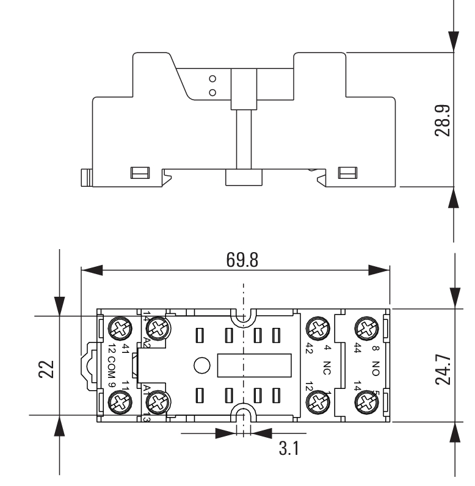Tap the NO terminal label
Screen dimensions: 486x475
[x=375, y=367]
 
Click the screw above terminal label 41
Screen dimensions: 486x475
[x=117, y=329]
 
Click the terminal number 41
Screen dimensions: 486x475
[x=125, y=349]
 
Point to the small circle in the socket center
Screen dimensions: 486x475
[x=201, y=366]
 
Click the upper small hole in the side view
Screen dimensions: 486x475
[x=212, y=79]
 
